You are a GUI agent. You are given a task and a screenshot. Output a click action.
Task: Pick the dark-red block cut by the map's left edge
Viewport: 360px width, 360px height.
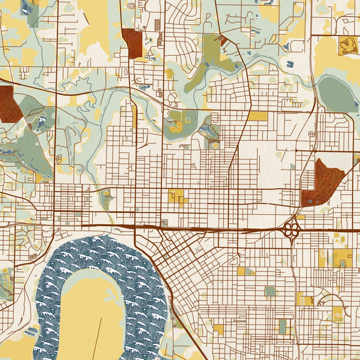click(x=7, y=104)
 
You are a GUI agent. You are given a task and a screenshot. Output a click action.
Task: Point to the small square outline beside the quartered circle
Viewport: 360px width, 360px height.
click(x=187, y=120)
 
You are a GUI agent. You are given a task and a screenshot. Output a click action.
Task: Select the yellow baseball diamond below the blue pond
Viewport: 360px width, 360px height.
click(x=214, y=145)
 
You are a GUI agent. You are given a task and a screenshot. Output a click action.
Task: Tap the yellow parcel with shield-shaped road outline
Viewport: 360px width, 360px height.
click(x=347, y=46)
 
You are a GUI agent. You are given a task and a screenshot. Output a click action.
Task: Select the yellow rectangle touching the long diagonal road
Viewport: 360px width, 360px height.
click(x=257, y=116)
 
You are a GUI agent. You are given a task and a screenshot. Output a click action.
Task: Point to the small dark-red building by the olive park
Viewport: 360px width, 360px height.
click(x=223, y=40)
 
